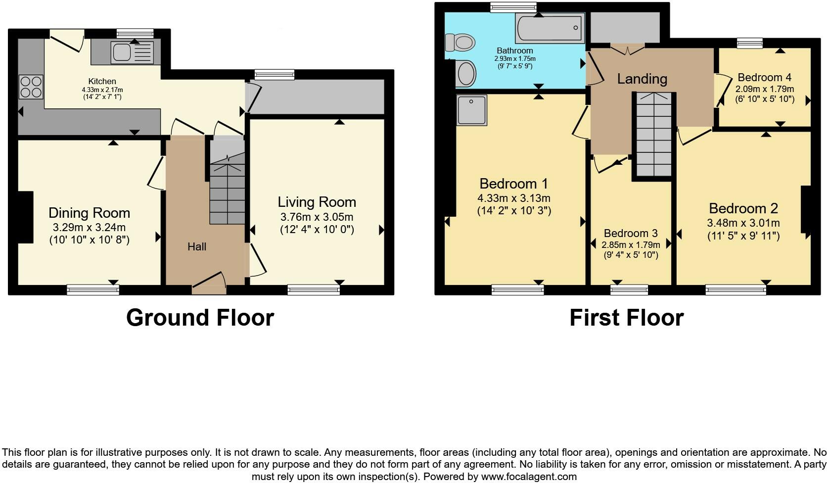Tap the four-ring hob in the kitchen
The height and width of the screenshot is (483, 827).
pyautogui.click(x=31, y=87)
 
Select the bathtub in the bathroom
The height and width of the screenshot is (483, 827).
pyautogui.click(x=550, y=27)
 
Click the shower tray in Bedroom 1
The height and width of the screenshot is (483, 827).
pyautogui.click(x=471, y=110)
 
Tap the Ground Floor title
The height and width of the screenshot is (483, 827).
pyautogui.click(x=200, y=317)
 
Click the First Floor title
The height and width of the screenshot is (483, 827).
pyautogui.click(x=626, y=317)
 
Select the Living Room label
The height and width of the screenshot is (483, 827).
pyautogui.click(x=317, y=202)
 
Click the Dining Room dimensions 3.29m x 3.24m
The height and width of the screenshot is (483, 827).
pyautogui.click(x=89, y=228)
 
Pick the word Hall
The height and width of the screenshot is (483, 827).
pyautogui.click(x=196, y=246)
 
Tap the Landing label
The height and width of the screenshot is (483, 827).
pyautogui.click(x=642, y=79)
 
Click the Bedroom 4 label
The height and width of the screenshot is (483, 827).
pyautogui.click(x=764, y=77)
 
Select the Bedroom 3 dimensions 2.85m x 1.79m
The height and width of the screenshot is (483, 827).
pyautogui.click(x=631, y=244)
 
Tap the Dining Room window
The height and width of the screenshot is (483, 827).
pyautogui.click(x=93, y=290)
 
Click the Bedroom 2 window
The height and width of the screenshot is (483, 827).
pyautogui.click(x=735, y=290)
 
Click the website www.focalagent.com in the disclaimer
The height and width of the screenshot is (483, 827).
pyautogui.click(x=529, y=477)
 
